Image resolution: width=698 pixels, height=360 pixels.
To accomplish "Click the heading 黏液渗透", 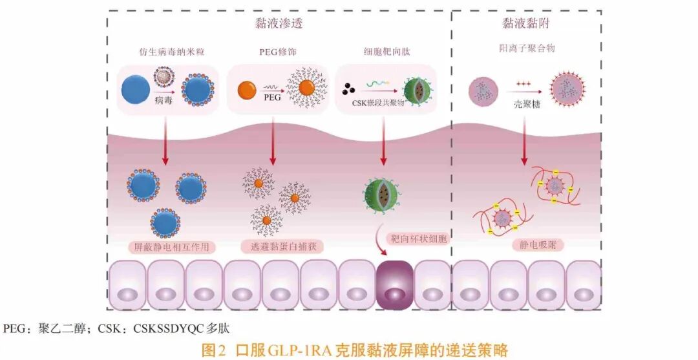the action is [x=279, y=23].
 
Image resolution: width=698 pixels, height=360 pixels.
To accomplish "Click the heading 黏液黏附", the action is [x=525, y=23].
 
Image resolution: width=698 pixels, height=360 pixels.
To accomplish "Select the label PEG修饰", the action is [x=278, y=52].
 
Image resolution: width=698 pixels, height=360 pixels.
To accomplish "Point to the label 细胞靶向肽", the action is [x=386, y=51].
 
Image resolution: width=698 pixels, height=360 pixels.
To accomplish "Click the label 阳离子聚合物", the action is [x=527, y=48].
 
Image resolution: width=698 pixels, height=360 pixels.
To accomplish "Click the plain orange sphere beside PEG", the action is [x=246, y=90].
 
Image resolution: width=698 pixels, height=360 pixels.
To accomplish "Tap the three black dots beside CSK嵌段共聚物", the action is [x=348, y=89].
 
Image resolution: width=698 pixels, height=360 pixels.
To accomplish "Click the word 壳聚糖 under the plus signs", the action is [x=527, y=105].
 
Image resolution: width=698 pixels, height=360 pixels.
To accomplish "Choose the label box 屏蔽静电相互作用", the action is [x=171, y=246].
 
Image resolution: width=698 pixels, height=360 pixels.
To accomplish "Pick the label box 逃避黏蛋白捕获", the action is [x=281, y=246].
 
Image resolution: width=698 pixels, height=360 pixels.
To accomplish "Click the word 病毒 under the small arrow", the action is [x=164, y=101].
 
